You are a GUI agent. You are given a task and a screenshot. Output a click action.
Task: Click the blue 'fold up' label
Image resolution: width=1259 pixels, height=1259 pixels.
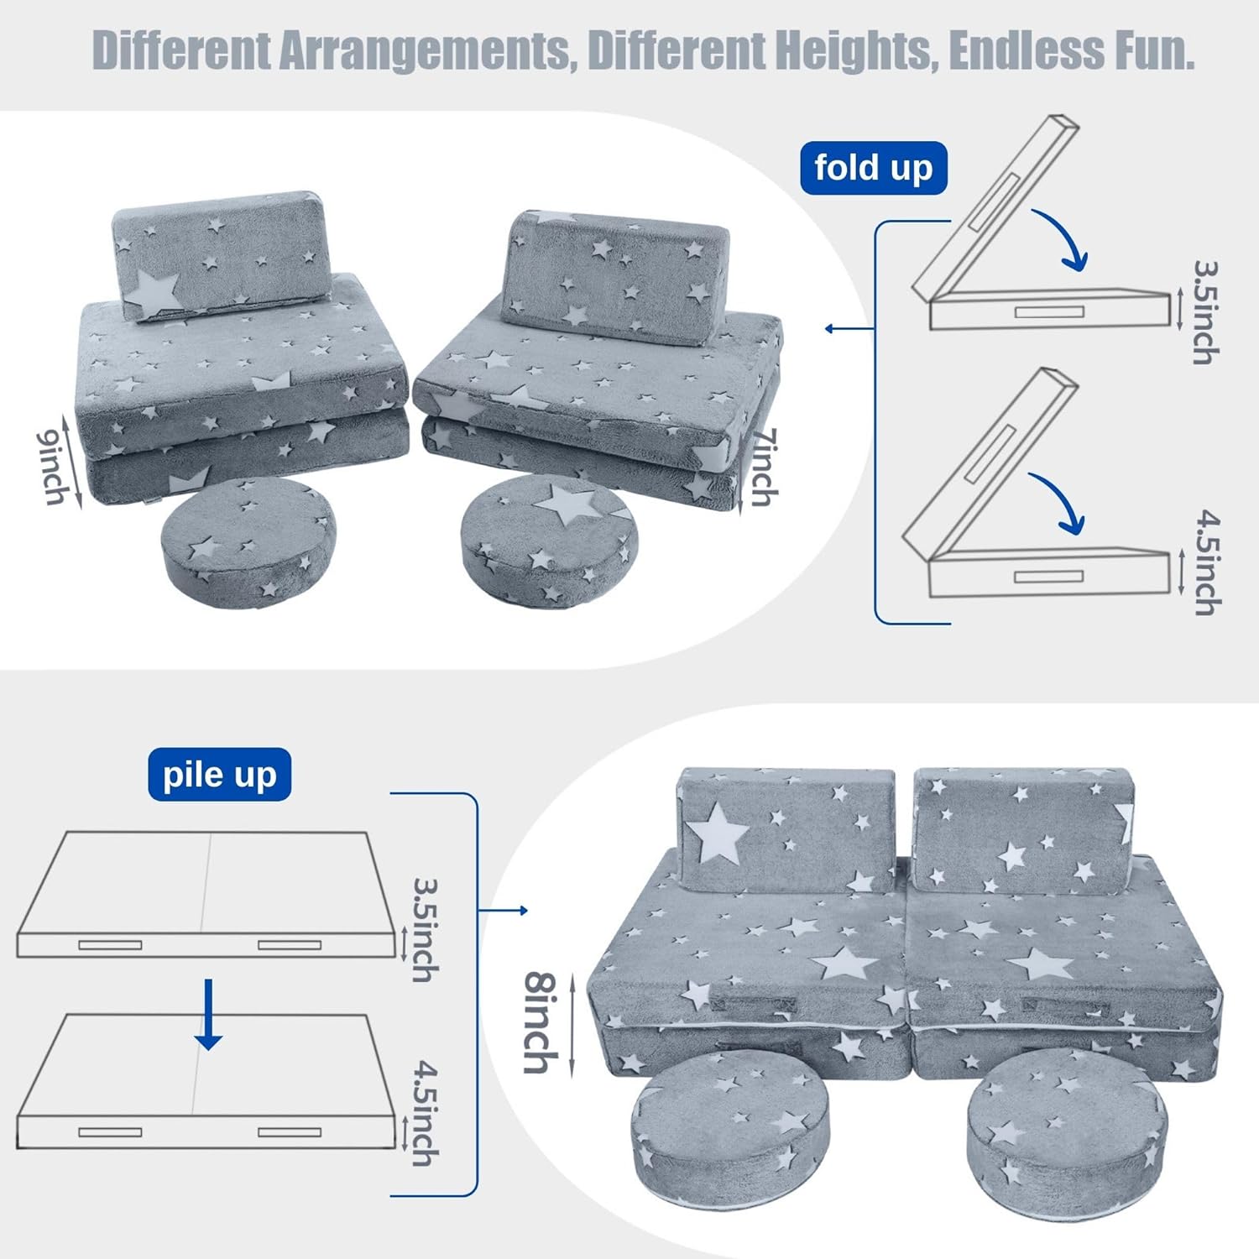pyautogui.click(x=873, y=168)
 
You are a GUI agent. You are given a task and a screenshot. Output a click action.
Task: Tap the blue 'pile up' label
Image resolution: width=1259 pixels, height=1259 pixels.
pyautogui.click(x=219, y=775)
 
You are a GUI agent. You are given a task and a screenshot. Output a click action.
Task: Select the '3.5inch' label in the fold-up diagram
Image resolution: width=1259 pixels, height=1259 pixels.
pyautogui.click(x=1206, y=312)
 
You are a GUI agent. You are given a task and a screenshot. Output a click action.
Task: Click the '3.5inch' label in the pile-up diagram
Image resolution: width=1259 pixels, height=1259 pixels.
pyautogui.click(x=426, y=930)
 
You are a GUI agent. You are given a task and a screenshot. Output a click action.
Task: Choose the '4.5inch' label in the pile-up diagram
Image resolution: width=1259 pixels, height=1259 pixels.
pyautogui.click(x=426, y=1114)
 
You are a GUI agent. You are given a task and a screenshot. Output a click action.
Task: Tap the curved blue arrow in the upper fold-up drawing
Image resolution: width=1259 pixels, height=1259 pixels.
pyautogui.click(x=1063, y=240)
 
